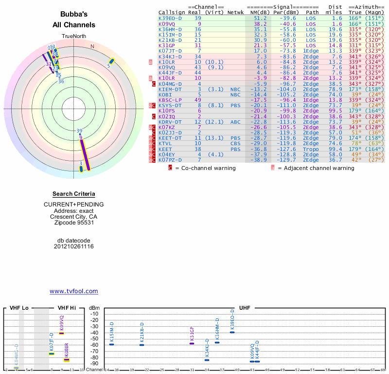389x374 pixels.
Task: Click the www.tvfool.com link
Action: click(x=74, y=291)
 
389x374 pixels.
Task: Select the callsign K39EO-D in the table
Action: click(x=170, y=18)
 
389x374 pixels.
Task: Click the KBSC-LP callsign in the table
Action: click(x=170, y=100)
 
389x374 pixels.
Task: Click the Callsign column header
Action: click(x=172, y=12)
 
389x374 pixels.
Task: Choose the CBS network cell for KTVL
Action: click(x=235, y=144)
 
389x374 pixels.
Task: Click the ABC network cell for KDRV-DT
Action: click(x=235, y=122)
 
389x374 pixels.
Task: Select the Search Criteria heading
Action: click(x=74, y=194)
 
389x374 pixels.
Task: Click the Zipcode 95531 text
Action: click(x=74, y=223)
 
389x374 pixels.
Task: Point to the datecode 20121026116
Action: click(x=74, y=246)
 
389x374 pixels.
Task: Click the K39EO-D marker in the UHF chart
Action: click(x=232, y=332)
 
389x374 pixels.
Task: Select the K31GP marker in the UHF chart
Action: click(x=192, y=343)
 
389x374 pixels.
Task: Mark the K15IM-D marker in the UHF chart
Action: click(x=111, y=344)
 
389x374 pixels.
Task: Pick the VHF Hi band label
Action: click(x=67, y=308)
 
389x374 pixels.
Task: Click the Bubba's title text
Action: click(x=74, y=14)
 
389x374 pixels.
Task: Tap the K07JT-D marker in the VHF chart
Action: click(x=52, y=354)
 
